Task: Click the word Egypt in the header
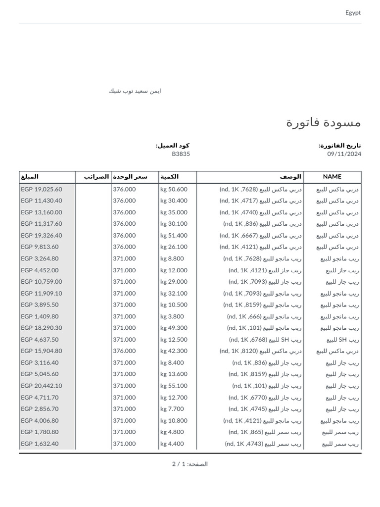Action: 353,12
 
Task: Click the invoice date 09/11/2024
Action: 344,154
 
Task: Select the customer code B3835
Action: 181,154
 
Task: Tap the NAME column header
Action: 332,177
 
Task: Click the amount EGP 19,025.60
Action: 42,189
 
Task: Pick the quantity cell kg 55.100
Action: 174,386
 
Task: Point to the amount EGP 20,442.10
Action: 42,386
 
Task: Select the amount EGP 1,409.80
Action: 40,316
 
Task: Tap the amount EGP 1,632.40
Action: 40,444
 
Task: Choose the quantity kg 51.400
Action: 174,235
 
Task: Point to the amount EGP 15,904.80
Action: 42,351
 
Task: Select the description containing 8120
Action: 260,351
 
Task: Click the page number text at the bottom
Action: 190,464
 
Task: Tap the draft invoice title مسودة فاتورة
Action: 324,122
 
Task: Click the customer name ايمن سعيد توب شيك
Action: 135,91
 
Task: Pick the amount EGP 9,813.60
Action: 40,247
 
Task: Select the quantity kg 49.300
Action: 174,328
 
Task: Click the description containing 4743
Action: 263,444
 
